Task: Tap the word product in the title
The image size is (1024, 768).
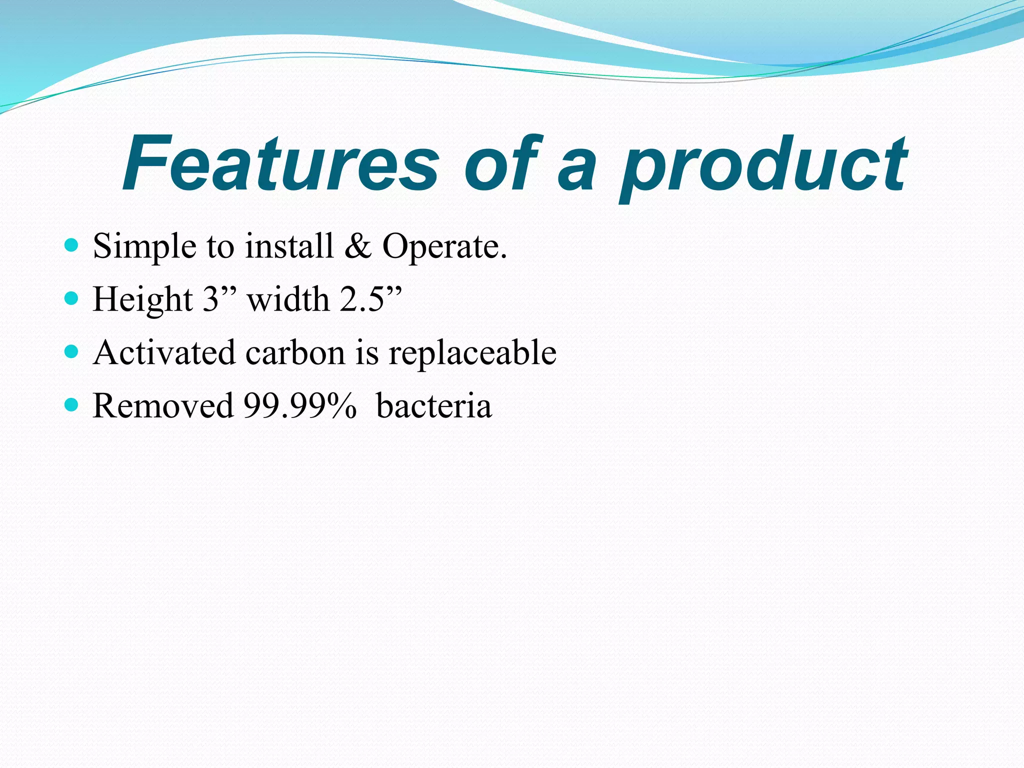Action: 762,167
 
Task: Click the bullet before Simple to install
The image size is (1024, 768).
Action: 72,245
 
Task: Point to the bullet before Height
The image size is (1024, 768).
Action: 72,299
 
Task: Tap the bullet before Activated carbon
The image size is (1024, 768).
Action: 72,352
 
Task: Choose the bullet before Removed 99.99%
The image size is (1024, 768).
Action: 72,405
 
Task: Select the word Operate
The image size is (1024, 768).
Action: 444,247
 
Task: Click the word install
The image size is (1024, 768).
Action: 289,246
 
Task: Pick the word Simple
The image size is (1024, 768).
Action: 144,247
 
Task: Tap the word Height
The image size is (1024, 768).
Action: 143,300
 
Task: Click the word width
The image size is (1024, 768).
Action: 288,299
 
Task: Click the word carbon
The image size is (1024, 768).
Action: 295,352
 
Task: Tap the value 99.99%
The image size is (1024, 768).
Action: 300,405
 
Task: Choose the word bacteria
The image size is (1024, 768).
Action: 433,405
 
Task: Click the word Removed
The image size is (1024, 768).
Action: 163,405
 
